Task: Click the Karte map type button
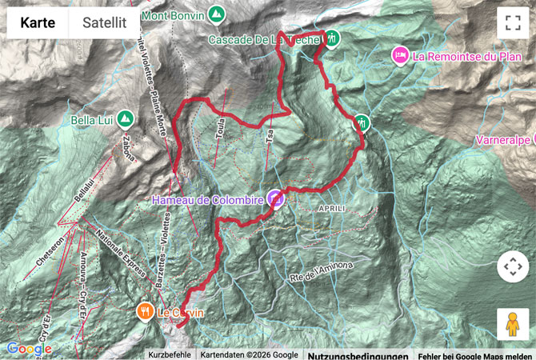pos(38,23)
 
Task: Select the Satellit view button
pos(104,23)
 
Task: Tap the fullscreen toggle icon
pos(513,23)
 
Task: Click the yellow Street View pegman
pos(513,324)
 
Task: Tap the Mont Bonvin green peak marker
pos(215,14)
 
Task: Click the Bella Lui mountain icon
pos(125,119)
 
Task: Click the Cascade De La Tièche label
pos(264,39)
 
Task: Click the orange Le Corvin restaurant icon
pos(145,312)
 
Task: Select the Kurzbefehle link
pos(169,354)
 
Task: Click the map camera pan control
pos(513,267)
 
